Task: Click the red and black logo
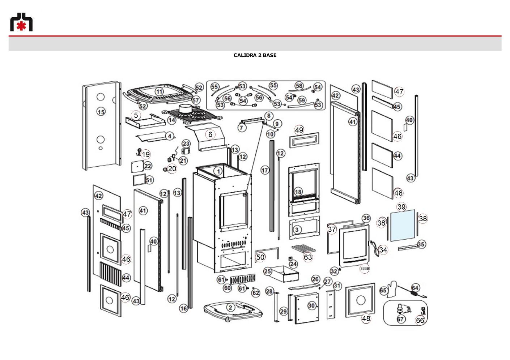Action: (21, 22)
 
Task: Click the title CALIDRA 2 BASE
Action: (255, 55)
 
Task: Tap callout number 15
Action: (101, 112)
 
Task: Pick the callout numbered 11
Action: (159, 92)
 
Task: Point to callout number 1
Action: (218, 171)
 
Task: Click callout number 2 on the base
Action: (230, 308)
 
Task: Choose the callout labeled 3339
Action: (364, 269)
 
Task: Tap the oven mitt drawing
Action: (391, 289)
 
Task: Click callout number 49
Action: (299, 130)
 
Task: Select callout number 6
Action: (211, 134)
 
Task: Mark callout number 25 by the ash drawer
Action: (268, 271)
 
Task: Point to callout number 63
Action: (308, 257)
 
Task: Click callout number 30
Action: (311, 306)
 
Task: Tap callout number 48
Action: (366, 318)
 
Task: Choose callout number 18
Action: (298, 192)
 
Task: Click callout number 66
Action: (420, 320)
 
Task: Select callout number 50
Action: (260, 257)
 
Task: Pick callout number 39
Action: (401, 207)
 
